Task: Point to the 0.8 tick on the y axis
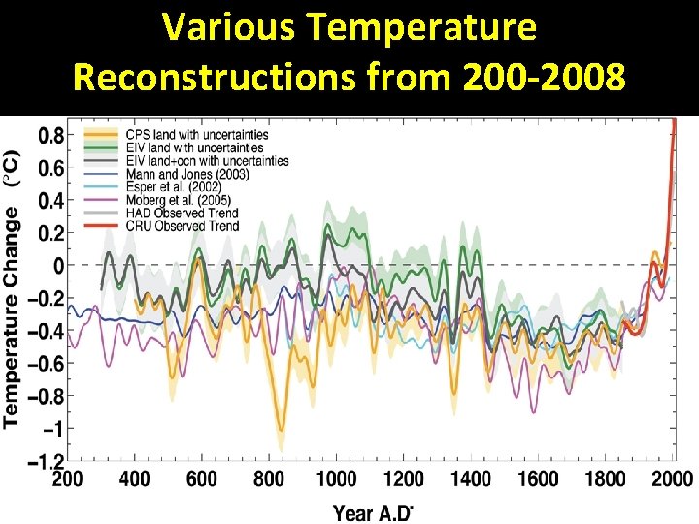point(51,135)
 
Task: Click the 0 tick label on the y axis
point(58,265)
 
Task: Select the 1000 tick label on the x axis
point(337,479)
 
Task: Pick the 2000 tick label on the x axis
point(671,479)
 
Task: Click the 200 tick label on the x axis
point(67,479)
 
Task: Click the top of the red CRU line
point(674,121)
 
